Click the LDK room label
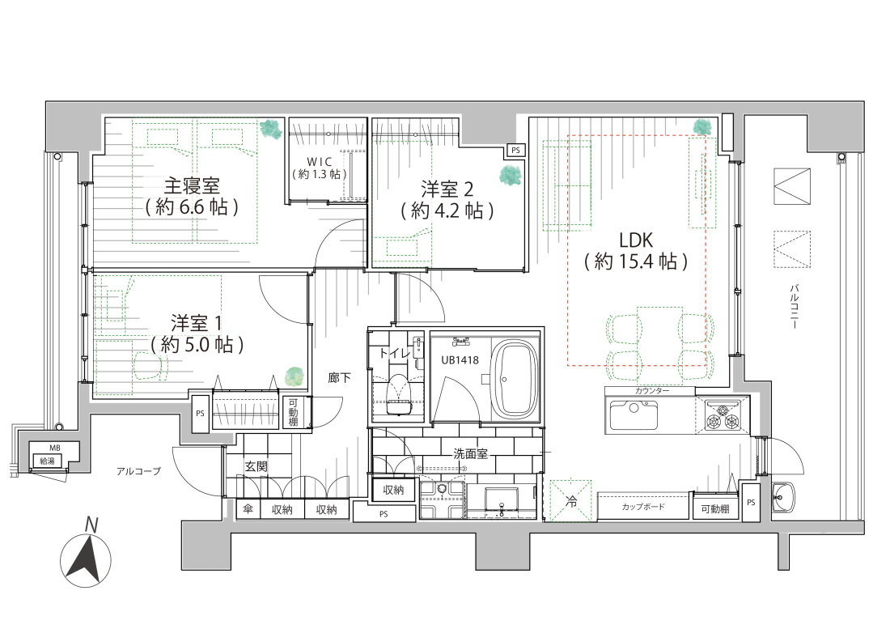(636, 240)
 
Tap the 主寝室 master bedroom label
(191, 186)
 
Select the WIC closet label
(319, 162)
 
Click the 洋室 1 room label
(197, 324)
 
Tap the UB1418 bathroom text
(460, 360)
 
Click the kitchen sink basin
(634, 415)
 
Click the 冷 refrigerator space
(571, 501)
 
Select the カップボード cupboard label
(643, 507)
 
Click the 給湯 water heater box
(48, 461)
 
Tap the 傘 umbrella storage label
(248, 509)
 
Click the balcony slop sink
(783, 497)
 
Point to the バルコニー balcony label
(794, 307)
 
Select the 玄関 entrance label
(256, 466)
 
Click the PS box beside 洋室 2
(515, 151)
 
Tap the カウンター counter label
(651, 391)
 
